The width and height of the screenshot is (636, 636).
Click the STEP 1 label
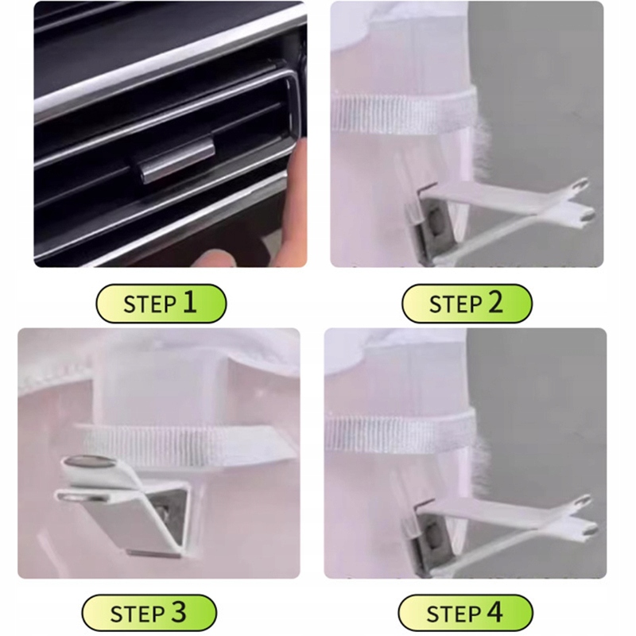pyautogui.click(x=161, y=304)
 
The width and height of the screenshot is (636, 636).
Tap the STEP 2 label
pyautogui.click(x=467, y=304)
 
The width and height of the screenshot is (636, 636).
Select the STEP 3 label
pyautogui.click(x=149, y=613)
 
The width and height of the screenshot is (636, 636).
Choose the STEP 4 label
pyautogui.click(x=465, y=613)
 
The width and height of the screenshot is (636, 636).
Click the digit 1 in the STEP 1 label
pyautogui.click(x=189, y=303)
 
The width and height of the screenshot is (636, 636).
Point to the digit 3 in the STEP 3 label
pyautogui.click(x=178, y=612)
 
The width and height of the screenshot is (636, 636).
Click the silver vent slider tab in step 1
pyautogui.click(x=177, y=160)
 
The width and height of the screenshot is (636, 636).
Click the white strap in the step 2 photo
pyautogui.click(x=404, y=113)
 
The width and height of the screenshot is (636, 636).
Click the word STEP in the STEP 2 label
pyautogui.click(x=456, y=305)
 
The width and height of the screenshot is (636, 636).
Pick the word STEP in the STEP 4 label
pyautogui.click(x=453, y=615)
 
